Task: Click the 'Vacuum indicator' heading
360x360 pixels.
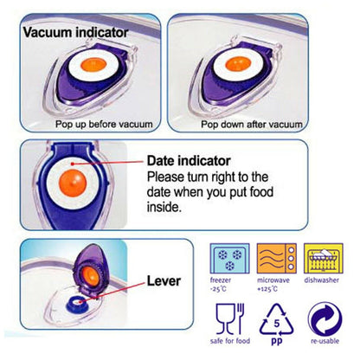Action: click(75, 32)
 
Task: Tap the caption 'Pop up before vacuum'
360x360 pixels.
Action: click(104, 125)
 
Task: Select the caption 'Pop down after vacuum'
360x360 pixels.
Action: click(252, 125)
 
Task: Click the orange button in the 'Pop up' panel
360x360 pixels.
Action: click(93, 65)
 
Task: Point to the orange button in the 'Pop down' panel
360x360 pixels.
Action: click(237, 64)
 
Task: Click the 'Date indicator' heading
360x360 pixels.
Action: click(189, 161)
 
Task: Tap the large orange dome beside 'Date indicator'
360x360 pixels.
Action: click(73, 183)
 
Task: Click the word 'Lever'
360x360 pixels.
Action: click(164, 280)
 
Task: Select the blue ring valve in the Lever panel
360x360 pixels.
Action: click(77, 304)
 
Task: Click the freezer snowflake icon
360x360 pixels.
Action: click(229, 259)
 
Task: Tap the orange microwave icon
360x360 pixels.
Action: click(277, 259)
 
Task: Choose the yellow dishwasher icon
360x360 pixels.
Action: click(324, 259)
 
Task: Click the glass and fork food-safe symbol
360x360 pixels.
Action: click(230, 318)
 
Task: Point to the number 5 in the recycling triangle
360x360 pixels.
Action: click(277, 323)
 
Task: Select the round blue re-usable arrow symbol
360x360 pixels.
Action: click(325, 319)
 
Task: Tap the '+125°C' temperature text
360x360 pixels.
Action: click(267, 289)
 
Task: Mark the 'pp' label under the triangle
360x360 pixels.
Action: click(277, 342)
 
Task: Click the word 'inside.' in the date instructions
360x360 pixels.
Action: click(164, 207)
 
